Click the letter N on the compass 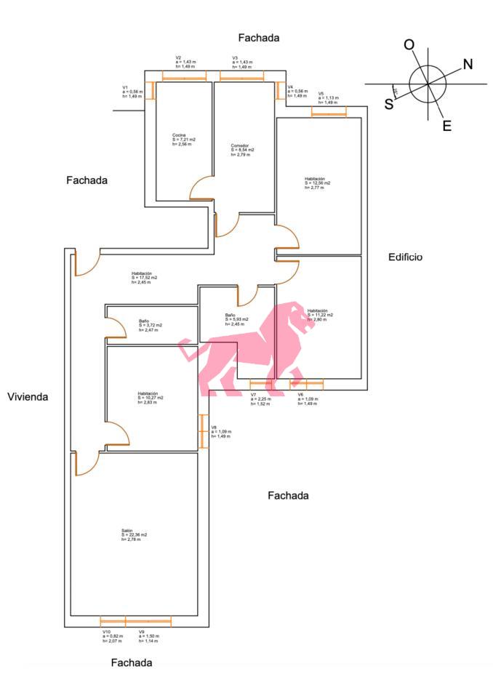pos(468,64)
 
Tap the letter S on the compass pos(389,103)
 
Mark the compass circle pos(428,84)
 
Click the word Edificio pos(405,257)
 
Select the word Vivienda pos(28,397)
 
